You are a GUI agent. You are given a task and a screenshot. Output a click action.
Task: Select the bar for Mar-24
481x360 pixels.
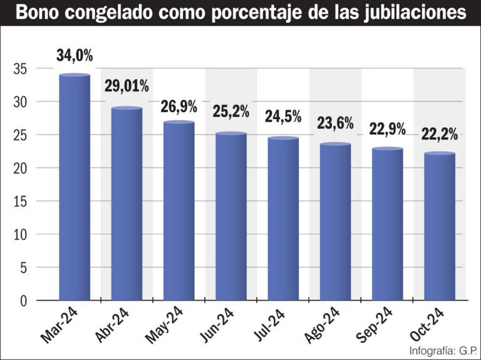pos(75,188)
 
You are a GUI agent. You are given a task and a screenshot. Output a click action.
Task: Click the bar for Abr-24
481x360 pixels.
pos(127,204)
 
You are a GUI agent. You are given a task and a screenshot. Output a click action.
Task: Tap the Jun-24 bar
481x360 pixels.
pos(230,216)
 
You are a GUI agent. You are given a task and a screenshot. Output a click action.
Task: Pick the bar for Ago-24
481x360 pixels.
pos(335,222)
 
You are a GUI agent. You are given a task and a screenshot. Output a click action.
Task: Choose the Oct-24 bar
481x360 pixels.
pos(439,226)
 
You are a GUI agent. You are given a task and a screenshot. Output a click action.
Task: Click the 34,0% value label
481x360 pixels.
pos(75,56)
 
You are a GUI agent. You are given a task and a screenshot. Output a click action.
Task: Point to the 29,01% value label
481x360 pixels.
pos(127,86)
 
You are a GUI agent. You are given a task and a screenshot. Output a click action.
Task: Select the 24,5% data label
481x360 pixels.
pos(282,116)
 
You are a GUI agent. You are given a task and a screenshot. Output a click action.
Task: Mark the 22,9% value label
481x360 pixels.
pos(387,128)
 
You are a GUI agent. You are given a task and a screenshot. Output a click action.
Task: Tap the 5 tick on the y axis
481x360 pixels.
pos(24,268)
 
